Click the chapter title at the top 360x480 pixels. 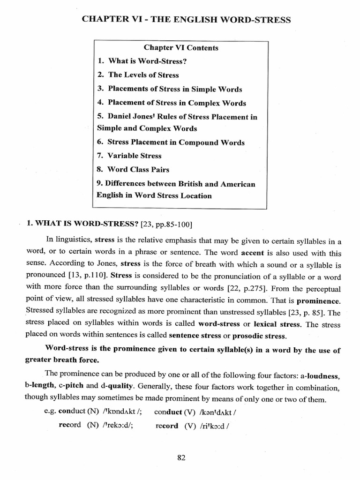pyautogui.click(x=186, y=20)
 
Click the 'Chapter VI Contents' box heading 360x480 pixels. pyautogui.click(x=180, y=48)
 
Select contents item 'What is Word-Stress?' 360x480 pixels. pyautogui.click(x=146, y=61)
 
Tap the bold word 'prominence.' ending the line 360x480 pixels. pyautogui.click(x=319, y=300)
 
